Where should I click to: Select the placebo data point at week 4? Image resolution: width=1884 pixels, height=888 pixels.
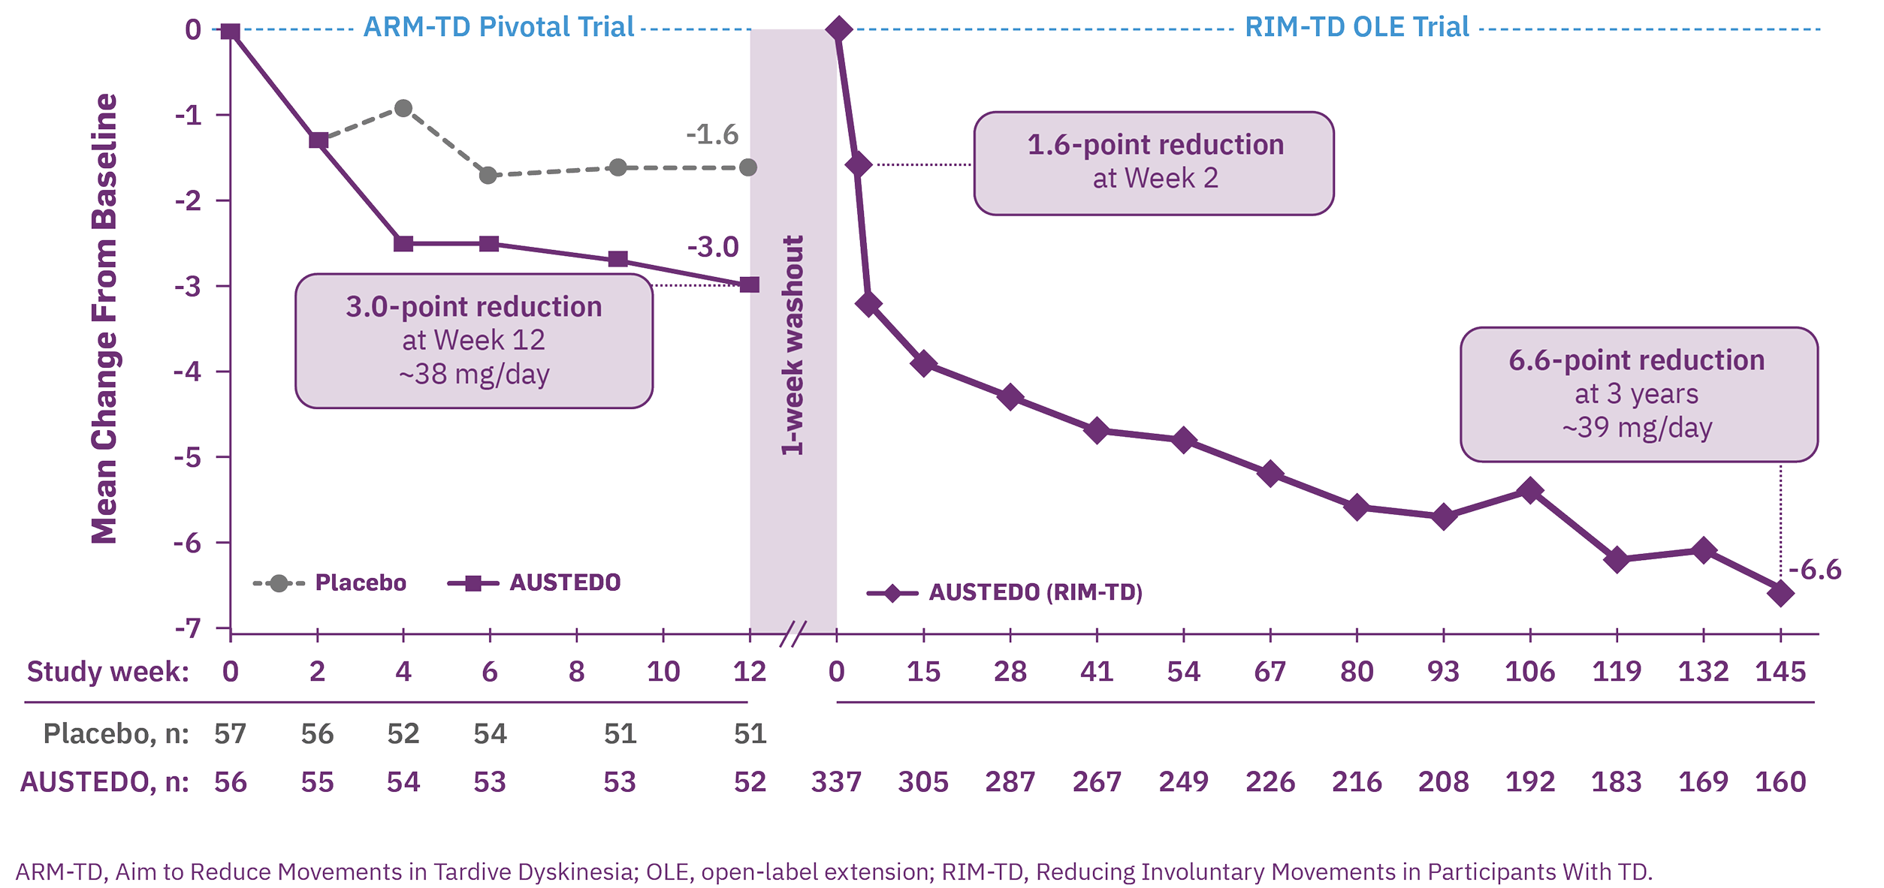[403, 108]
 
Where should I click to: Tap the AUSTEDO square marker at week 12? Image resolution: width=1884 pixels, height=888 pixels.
[749, 285]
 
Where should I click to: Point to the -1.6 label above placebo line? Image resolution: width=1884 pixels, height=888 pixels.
[712, 136]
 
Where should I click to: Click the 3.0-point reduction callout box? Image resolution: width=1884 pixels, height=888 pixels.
[473, 340]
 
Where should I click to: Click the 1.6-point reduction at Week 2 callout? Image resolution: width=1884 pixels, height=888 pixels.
[1154, 163]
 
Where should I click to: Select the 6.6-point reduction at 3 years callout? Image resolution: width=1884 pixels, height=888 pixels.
[1638, 394]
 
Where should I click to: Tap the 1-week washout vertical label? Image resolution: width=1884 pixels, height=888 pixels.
[793, 345]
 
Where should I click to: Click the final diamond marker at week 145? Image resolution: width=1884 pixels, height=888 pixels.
[1780, 594]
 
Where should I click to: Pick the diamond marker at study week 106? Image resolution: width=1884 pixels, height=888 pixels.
[1530, 491]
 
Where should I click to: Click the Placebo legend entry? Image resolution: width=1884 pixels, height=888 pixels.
[331, 582]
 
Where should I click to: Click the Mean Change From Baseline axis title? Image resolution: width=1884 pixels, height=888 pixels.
[104, 318]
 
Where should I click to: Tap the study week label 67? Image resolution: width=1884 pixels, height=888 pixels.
[1270, 671]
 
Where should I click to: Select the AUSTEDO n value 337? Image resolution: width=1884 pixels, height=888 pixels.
[836, 782]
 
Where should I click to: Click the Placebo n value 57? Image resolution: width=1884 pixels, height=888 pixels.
[230, 733]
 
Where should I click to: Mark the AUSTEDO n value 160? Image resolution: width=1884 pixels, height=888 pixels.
[1780, 782]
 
